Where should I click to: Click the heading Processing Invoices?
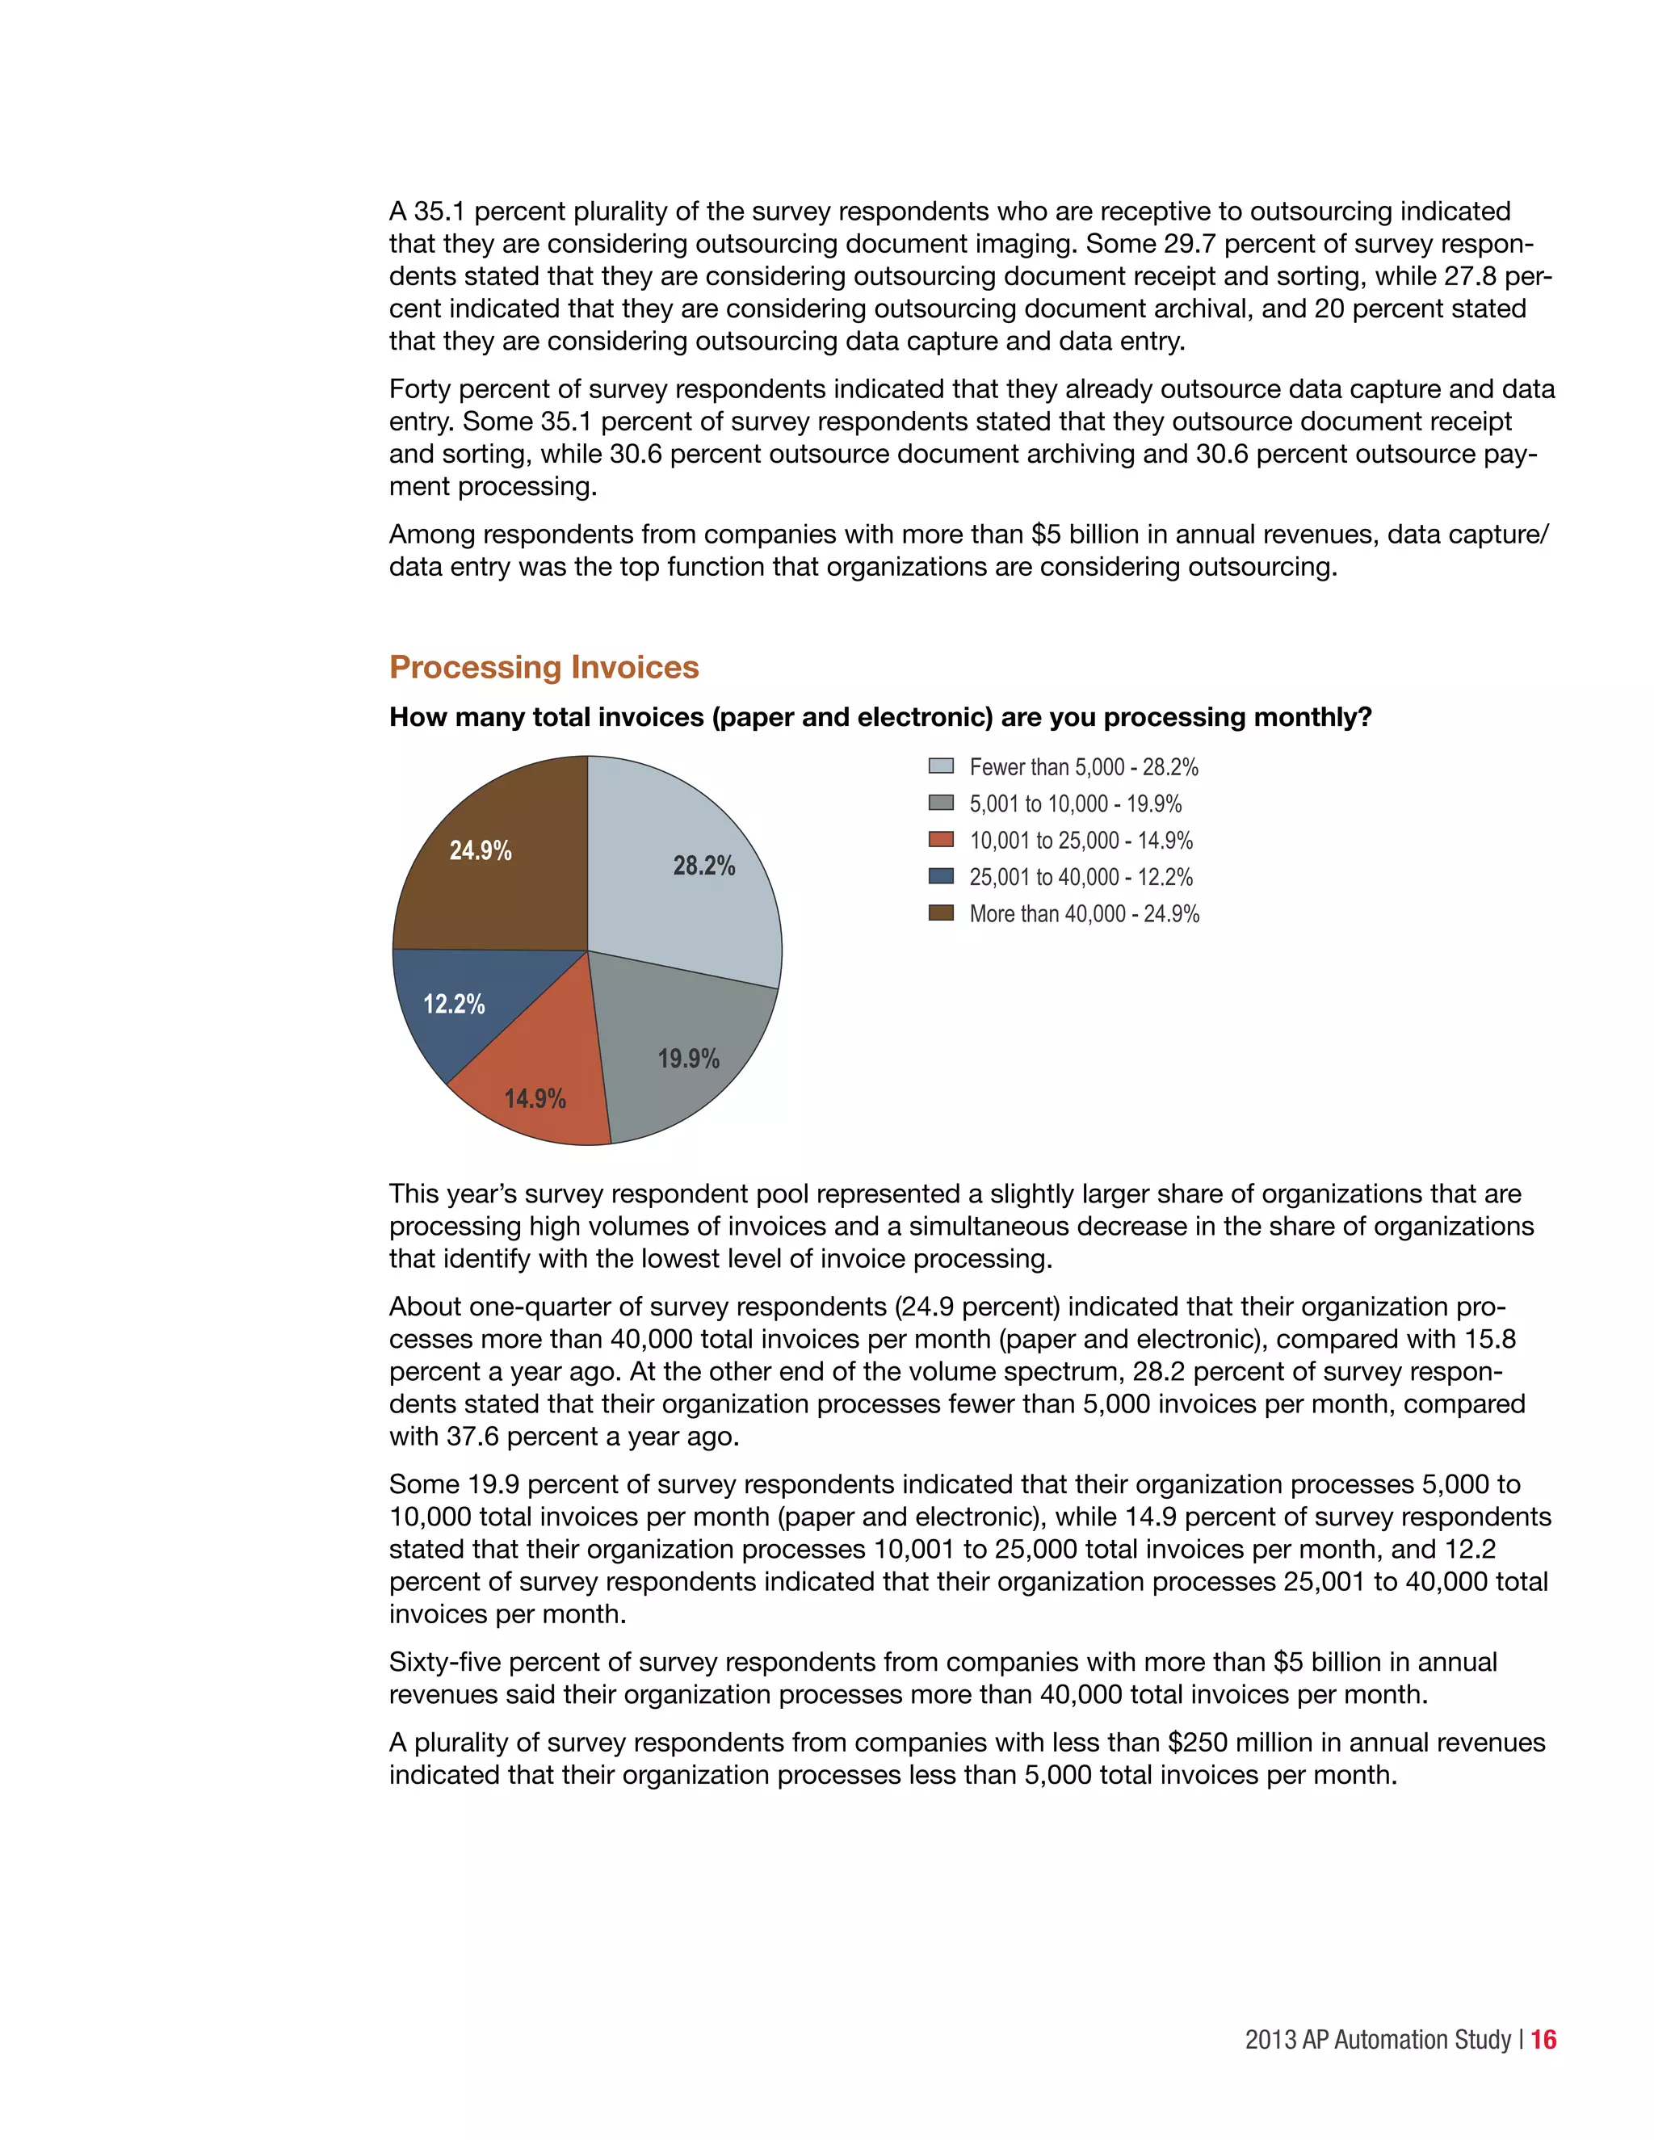coord(544,667)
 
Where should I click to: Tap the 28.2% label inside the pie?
coord(703,865)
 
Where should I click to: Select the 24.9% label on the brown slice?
coord(481,850)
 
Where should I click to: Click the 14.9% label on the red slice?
coord(535,1098)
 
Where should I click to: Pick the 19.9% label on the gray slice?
coord(688,1058)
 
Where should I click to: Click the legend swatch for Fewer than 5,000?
coord(941,766)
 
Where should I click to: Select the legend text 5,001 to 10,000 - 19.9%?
coord(1075,804)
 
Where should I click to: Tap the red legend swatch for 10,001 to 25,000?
coord(941,840)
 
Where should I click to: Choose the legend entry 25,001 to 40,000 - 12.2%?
coord(1081,877)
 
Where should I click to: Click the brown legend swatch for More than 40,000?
coord(941,913)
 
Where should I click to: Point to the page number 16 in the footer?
coord(1543,2039)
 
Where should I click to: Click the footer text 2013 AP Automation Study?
coord(1378,2039)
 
